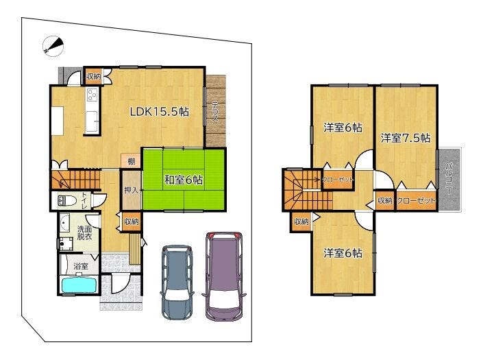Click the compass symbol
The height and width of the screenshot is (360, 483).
click(x=53, y=46)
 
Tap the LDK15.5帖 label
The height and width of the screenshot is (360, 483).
click(x=159, y=112)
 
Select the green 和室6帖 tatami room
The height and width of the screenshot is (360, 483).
click(x=184, y=180)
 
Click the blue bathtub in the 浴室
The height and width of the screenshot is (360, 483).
click(x=80, y=285)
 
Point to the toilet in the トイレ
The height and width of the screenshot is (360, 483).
click(x=67, y=201)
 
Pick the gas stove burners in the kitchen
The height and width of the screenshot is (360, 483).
click(x=92, y=95)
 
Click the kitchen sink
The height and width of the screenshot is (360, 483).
click(x=92, y=121)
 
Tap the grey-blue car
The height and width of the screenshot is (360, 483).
click(x=177, y=280)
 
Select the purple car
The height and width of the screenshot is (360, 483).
click(x=224, y=276)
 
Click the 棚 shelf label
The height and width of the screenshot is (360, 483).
click(x=132, y=161)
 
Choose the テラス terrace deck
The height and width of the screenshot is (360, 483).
click(x=216, y=111)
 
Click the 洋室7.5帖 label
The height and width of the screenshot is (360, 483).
click(x=406, y=138)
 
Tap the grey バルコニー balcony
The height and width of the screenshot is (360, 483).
click(x=449, y=180)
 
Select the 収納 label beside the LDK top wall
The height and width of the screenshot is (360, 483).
click(x=94, y=76)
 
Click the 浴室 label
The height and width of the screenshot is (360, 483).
click(x=81, y=265)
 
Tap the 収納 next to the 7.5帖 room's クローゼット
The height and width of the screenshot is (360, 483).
click(x=384, y=201)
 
